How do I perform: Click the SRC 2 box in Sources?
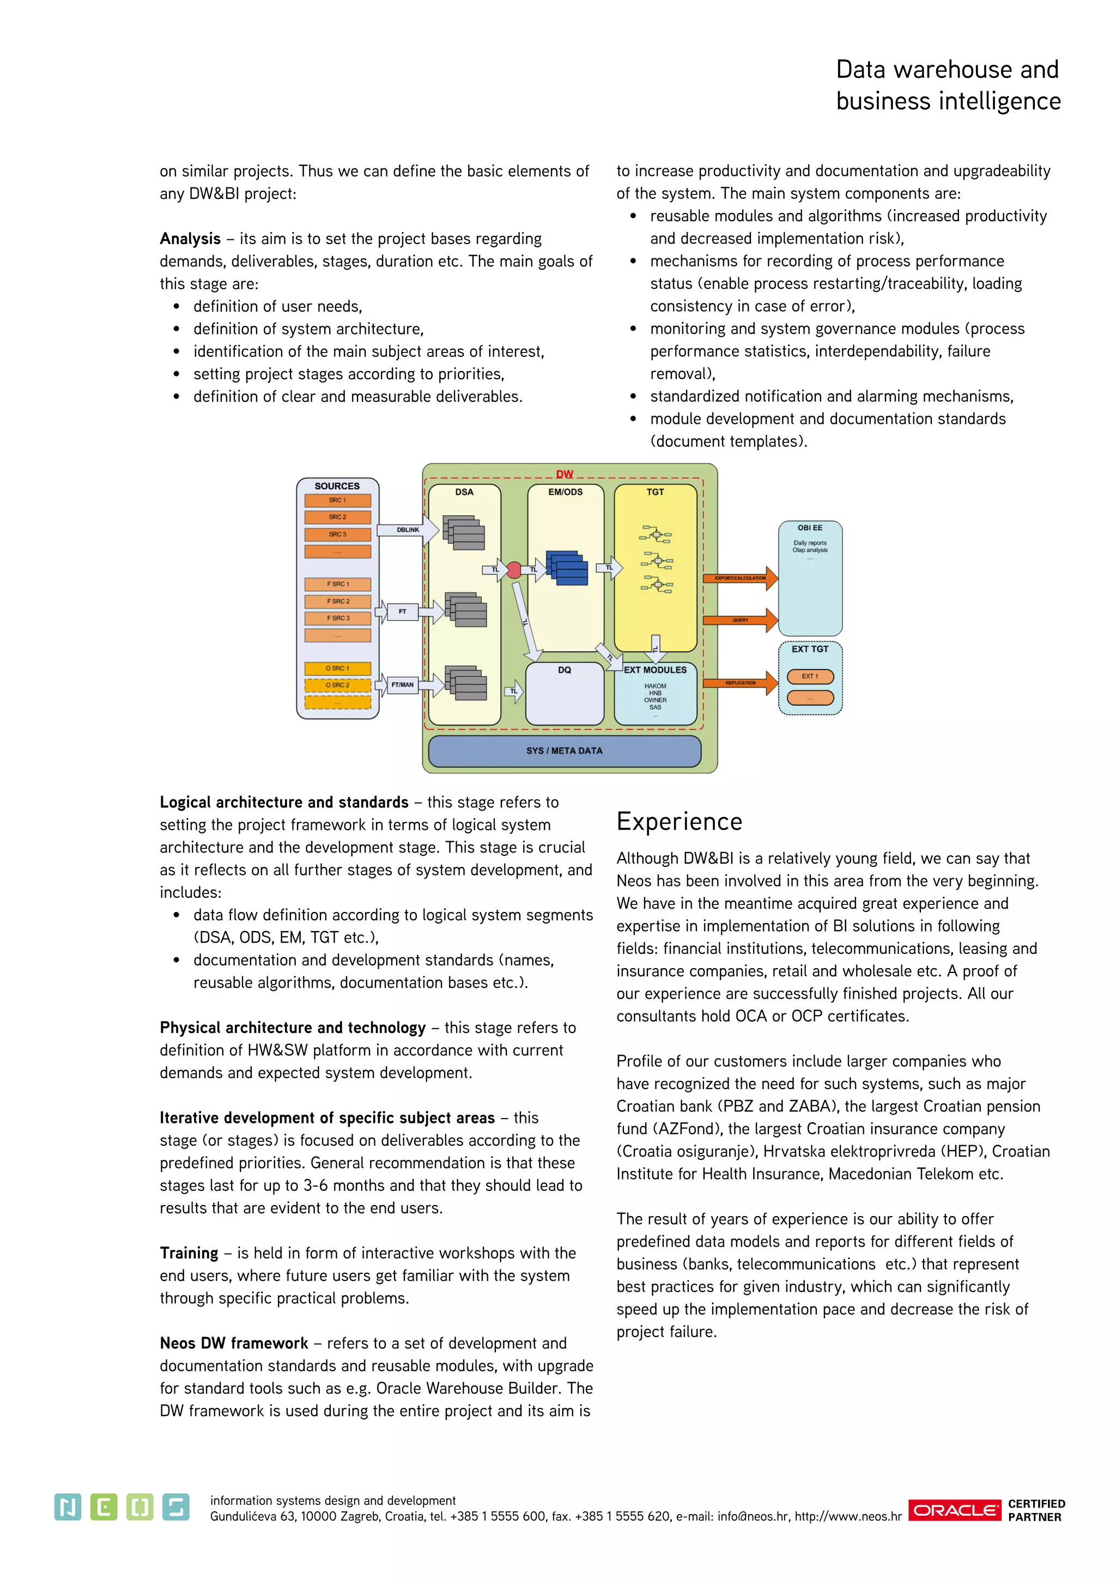click(x=337, y=517)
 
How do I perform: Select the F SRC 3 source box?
click(x=337, y=618)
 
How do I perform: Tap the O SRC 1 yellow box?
click(x=337, y=668)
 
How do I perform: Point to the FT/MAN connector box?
click(x=403, y=685)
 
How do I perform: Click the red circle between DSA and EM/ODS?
click(x=514, y=570)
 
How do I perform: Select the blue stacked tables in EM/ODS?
click(x=567, y=568)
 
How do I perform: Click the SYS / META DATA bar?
click(x=565, y=751)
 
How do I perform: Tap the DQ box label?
click(x=565, y=670)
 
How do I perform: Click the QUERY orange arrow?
click(x=741, y=620)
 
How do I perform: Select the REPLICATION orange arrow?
click(x=741, y=683)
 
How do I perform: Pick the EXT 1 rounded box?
click(x=810, y=677)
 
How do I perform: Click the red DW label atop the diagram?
click(x=565, y=474)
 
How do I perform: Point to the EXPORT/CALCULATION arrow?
click(x=741, y=578)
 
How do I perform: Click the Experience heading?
click(x=679, y=822)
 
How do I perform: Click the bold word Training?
click(x=189, y=1253)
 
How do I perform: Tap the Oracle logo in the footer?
click(x=955, y=1510)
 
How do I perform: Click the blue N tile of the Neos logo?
click(x=68, y=1507)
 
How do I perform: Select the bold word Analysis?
click(x=190, y=239)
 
